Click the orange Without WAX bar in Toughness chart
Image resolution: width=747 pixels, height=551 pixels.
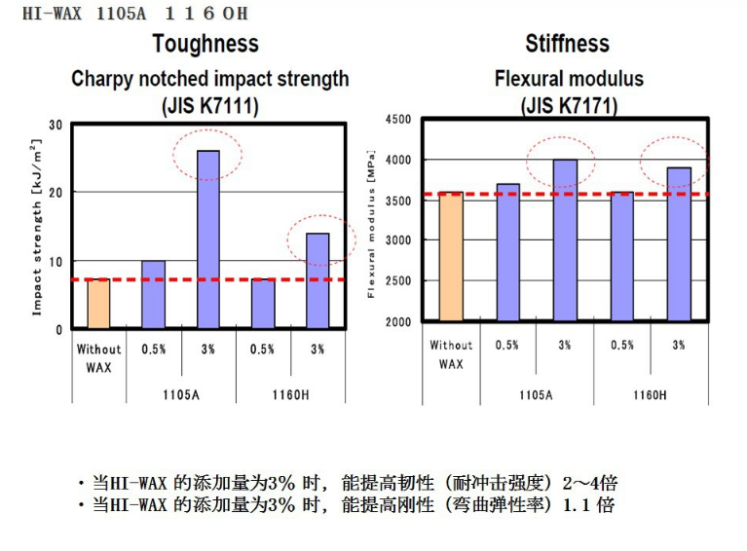pyautogui.click(x=98, y=304)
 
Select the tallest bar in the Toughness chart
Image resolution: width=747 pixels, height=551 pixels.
pyautogui.click(x=208, y=239)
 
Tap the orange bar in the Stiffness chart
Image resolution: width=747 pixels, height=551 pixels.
pyautogui.click(x=450, y=257)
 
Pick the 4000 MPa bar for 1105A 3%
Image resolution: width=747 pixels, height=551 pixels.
pyautogui.click(x=565, y=240)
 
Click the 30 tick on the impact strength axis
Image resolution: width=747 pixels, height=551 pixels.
pyautogui.click(x=55, y=125)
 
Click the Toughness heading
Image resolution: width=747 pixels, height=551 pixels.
pyautogui.click(x=205, y=44)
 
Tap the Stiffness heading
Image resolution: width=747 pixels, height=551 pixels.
pyautogui.click(x=567, y=44)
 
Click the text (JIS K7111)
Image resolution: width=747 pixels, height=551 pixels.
pyautogui.click(x=210, y=105)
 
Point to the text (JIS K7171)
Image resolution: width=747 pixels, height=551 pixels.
pyautogui.click(x=569, y=105)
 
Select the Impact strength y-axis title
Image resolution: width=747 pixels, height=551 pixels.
pyautogui.click(x=36, y=228)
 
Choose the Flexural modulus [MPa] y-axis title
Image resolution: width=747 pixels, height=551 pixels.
pyautogui.click(x=372, y=225)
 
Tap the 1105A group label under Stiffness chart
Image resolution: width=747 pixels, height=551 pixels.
pyautogui.click(x=537, y=395)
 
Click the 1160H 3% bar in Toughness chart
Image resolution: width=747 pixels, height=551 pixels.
pyautogui.click(x=317, y=280)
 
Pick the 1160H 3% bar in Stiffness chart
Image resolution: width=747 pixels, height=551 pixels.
pyautogui.click(x=679, y=244)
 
